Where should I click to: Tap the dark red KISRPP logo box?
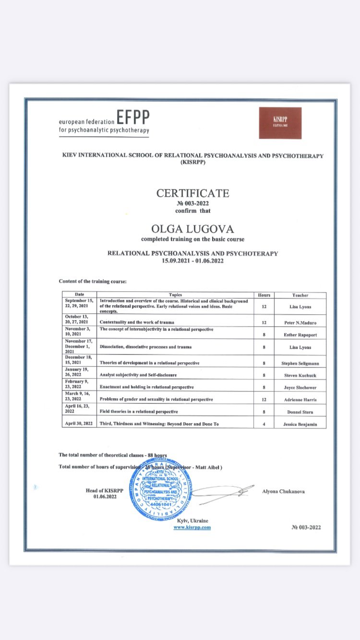280,123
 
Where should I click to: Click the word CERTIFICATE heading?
192,193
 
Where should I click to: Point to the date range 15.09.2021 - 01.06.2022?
192,261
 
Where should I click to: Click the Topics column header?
175,295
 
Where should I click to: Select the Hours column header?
264,295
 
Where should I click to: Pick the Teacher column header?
300,295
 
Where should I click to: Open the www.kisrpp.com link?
192,527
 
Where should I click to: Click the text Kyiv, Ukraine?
192,521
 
